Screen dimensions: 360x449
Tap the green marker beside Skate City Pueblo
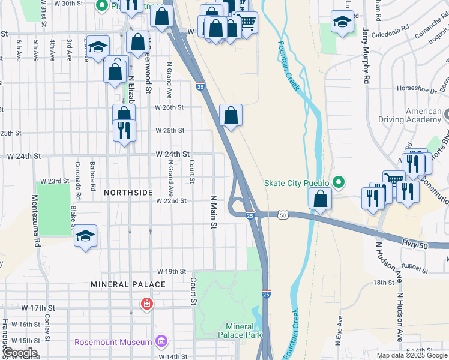(339, 182)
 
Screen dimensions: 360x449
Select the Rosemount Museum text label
(113, 342)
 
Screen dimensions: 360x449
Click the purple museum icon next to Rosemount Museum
(160, 342)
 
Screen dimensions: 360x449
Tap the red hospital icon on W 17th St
(146, 305)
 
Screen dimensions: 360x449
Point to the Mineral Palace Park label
(244, 331)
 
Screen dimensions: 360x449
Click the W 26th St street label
(169, 107)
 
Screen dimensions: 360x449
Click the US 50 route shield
(283, 215)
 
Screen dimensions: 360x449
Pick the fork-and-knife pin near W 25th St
(124, 130)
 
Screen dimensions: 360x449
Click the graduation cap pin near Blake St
(85, 236)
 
